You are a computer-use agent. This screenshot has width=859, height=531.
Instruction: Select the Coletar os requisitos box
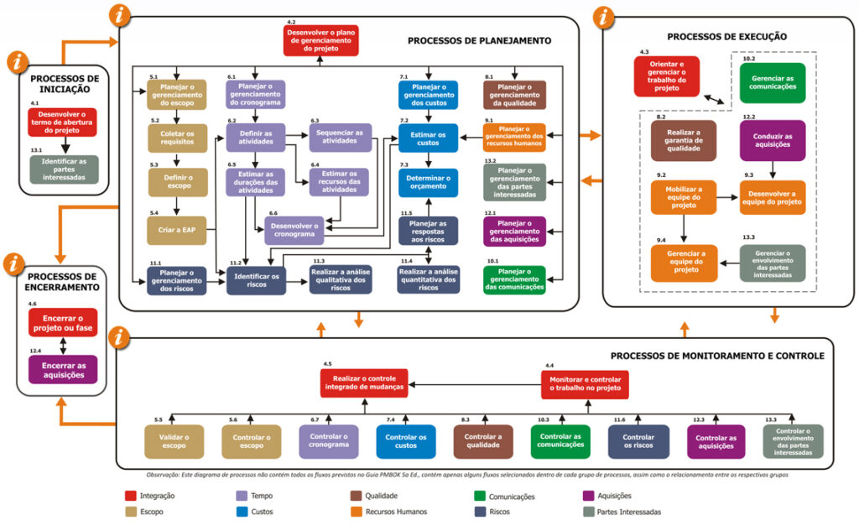click(x=178, y=137)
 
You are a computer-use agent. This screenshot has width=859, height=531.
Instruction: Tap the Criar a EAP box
click(x=178, y=228)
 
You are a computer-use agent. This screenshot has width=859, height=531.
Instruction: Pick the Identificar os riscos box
click(x=256, y=279)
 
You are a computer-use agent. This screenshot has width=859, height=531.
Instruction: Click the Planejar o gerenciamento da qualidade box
click(x=515, y=95)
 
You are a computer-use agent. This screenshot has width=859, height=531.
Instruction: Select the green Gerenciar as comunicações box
click(x=773, y=83)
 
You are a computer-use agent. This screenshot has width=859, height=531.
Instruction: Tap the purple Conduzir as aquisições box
click(x=773, y=140)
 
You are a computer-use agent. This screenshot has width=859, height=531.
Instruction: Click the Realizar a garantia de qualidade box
click(x=684, y=140)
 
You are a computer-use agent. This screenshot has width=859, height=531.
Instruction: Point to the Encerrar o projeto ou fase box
click(x=63, y=322)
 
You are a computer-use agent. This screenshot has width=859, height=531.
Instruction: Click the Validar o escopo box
click(x=174, y=441)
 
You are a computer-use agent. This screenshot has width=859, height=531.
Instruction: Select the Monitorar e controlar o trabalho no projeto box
click(x=585, y=384)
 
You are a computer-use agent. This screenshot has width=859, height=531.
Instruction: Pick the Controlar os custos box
click(x=406, y=441)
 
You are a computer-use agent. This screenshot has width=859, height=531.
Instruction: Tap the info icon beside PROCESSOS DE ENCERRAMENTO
click(x=15, y=263)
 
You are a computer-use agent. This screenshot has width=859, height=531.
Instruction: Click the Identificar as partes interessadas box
click(x=63, y=169)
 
